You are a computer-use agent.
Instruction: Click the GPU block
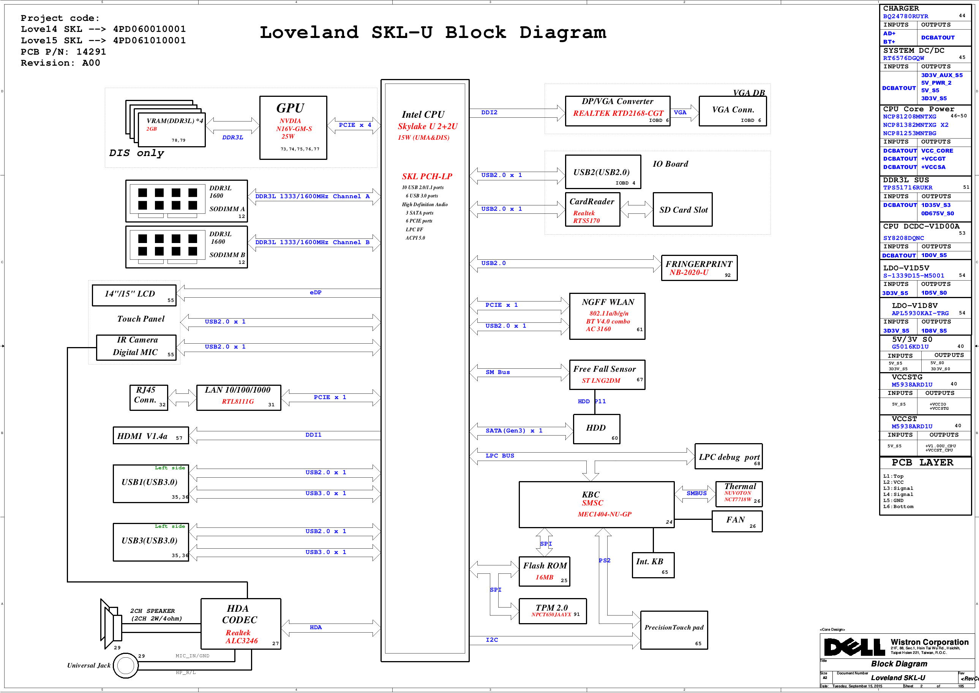click(293, 128)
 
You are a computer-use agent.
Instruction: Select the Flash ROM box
click(544, 571)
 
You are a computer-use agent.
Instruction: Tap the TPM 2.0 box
click(553, 611)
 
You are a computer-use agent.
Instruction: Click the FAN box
click(737, 521)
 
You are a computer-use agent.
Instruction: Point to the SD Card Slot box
click(682, 210)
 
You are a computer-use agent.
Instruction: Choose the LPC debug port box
click(728, 456)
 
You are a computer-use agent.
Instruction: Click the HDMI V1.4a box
click(151, 436)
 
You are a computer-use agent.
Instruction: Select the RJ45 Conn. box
click(149, 398)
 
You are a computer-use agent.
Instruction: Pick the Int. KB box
click(653, 565)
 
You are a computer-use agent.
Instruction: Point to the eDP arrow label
click(315, 293)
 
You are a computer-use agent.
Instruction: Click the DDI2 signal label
click(489, 113)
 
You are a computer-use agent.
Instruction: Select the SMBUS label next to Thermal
click(696, 493)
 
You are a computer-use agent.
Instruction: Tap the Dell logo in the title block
click(854, 647)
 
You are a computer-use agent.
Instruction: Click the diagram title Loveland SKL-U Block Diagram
click(433, 32)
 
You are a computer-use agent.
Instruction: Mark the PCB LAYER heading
click(922, 463)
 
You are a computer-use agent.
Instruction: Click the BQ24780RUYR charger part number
click(906, 16)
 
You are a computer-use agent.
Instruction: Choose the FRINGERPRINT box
click(699, 268)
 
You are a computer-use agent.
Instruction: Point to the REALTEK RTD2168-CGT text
click(618, 113)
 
